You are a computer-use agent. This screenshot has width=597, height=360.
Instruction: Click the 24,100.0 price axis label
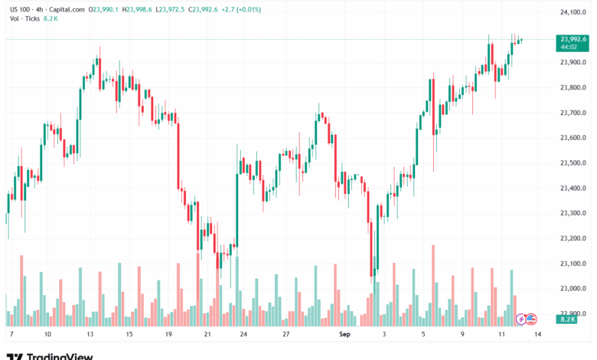point(574,12)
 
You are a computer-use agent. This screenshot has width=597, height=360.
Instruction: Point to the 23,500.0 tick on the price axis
point(574,163)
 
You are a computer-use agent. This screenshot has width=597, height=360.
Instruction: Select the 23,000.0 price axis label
point(574,289)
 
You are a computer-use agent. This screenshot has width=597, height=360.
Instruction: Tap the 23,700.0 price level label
point(574,113)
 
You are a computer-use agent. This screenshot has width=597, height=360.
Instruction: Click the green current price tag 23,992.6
point(574,39)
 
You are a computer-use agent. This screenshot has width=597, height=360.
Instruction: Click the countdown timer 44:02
point(569,47)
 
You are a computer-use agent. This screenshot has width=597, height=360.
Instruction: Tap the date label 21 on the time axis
point(207,335)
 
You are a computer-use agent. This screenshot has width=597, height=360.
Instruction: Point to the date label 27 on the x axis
point(285,335)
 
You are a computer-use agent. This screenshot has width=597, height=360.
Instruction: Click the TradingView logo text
point(60,355)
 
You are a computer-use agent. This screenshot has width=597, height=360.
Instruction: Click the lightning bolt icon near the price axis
point(521,319)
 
